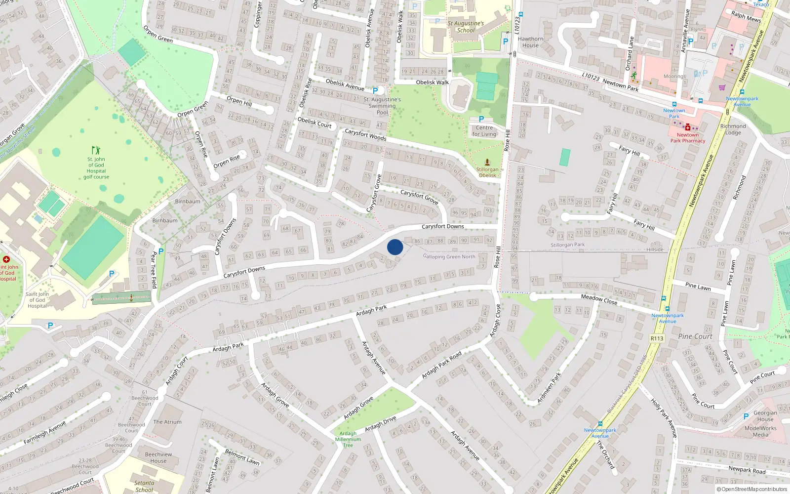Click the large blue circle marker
pos(395,247)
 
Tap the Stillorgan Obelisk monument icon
pos(487,162)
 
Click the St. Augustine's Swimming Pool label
pos(382,106)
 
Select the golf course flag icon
pos(96,150)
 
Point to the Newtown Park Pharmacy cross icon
pos(687,127)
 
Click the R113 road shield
pos(657,338)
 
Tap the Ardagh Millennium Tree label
pos(348,439)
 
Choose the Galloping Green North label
pos(449,256)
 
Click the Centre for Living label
pos(484,131)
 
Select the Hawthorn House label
pos(530,42)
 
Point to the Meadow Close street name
pos(599,299)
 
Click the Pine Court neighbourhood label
pos(695,336)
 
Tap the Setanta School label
pos(144,486)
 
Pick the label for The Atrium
pos(167,422)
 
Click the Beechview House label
pos(158,457)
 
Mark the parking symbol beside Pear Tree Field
pos(161,251)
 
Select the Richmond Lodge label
pos(733,129)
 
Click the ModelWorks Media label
pos(760,431)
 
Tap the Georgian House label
pos(765,416)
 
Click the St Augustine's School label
pos(466,27)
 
